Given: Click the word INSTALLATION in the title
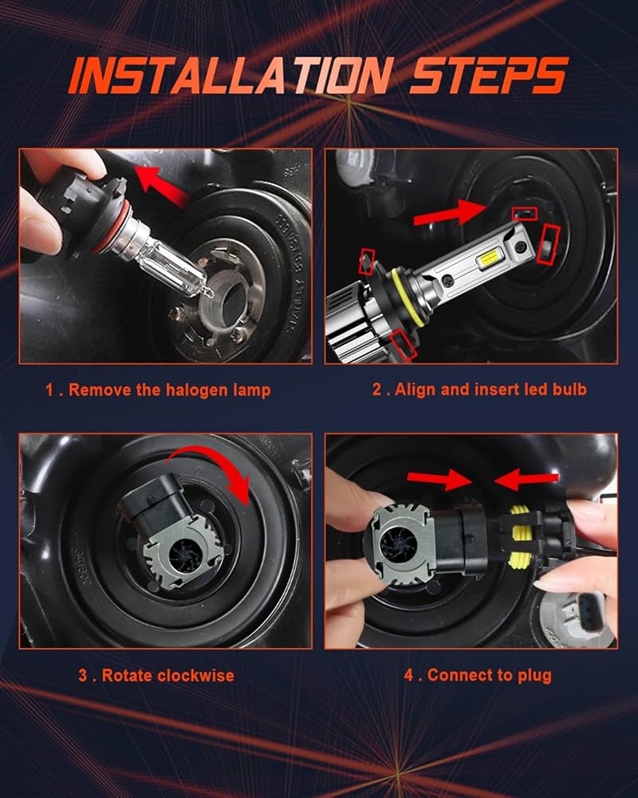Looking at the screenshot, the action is tap(230, 76).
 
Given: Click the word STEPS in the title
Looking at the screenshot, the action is tap(489, 76).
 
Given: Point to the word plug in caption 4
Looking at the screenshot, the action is tap(534, 676).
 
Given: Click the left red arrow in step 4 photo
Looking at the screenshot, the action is tap(439, 479).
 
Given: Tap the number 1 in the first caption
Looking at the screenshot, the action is tap(49, 390).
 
